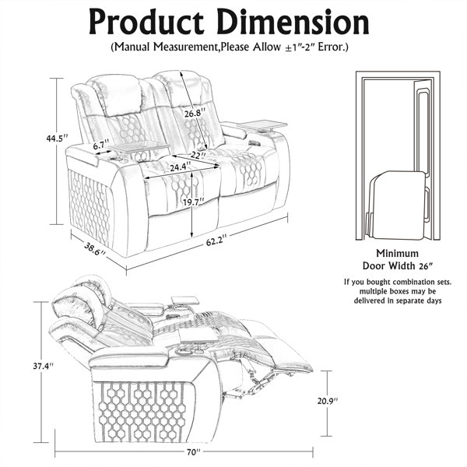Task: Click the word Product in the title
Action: (x=146, y=23)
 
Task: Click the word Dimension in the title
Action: (x=293, y=22)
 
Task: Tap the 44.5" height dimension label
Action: (x=57, y=139)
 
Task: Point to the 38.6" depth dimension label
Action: (x=95, y=249)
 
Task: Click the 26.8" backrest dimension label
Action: (x=195, y=113)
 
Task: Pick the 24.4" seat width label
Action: (x=181, y=167)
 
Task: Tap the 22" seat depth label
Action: (x=198, y=156)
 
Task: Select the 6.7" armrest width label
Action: (x=101, y=146)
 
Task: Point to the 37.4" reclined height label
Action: (x=43, y=366)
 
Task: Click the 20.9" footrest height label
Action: (x=328, y=401)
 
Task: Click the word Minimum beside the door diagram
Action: (x=397, y=253)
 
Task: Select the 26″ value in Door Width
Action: (x=425, y=266)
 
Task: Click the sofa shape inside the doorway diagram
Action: (x=396, y=205)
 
